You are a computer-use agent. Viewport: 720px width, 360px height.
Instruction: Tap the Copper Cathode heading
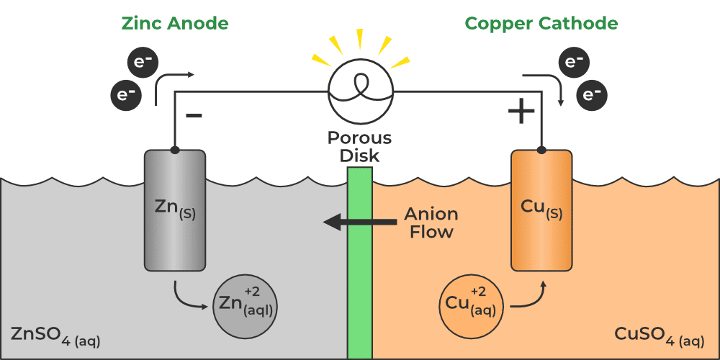(541, 24)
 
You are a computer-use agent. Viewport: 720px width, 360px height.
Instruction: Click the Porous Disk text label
(359, 145)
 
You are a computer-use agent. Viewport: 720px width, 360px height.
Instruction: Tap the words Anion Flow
(431, 223)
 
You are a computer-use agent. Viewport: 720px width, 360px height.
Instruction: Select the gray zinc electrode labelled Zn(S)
(175, 211)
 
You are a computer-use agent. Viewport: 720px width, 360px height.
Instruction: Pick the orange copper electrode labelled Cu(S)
(541, 211)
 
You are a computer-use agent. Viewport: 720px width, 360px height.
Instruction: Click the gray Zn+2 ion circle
(246, 306)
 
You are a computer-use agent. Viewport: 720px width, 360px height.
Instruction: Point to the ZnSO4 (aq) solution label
(55, 336)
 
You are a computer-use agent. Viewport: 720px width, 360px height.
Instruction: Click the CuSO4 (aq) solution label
(659, 336)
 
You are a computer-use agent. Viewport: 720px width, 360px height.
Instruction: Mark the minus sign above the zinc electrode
(194, 114)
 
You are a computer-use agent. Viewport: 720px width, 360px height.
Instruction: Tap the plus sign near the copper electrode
(521, 112)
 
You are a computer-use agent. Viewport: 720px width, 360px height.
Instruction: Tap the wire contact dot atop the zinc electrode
(175, 150)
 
